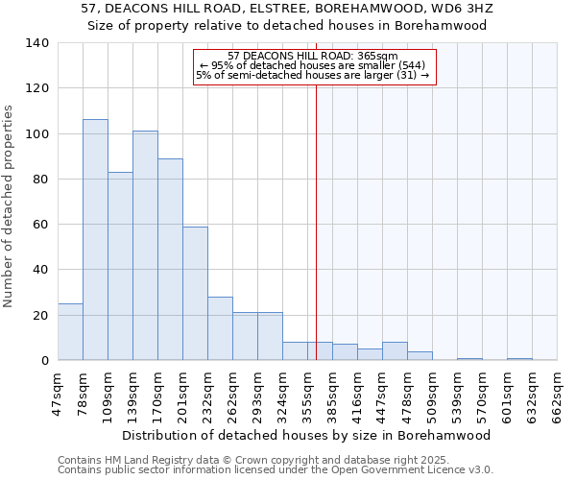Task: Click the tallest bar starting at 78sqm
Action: point(95,240)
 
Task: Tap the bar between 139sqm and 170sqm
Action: point(145,246)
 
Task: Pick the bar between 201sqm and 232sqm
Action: point(195,294)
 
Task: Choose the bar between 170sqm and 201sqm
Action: point(170,259)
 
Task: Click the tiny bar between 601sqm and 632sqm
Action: point(519,359)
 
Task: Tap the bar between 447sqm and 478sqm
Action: point(395,351)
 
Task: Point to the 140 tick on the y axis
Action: point(38,43)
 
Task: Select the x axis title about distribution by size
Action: point(308,435)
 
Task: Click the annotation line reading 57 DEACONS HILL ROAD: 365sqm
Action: point(315,57)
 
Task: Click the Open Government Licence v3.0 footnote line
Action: point(276,470)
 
